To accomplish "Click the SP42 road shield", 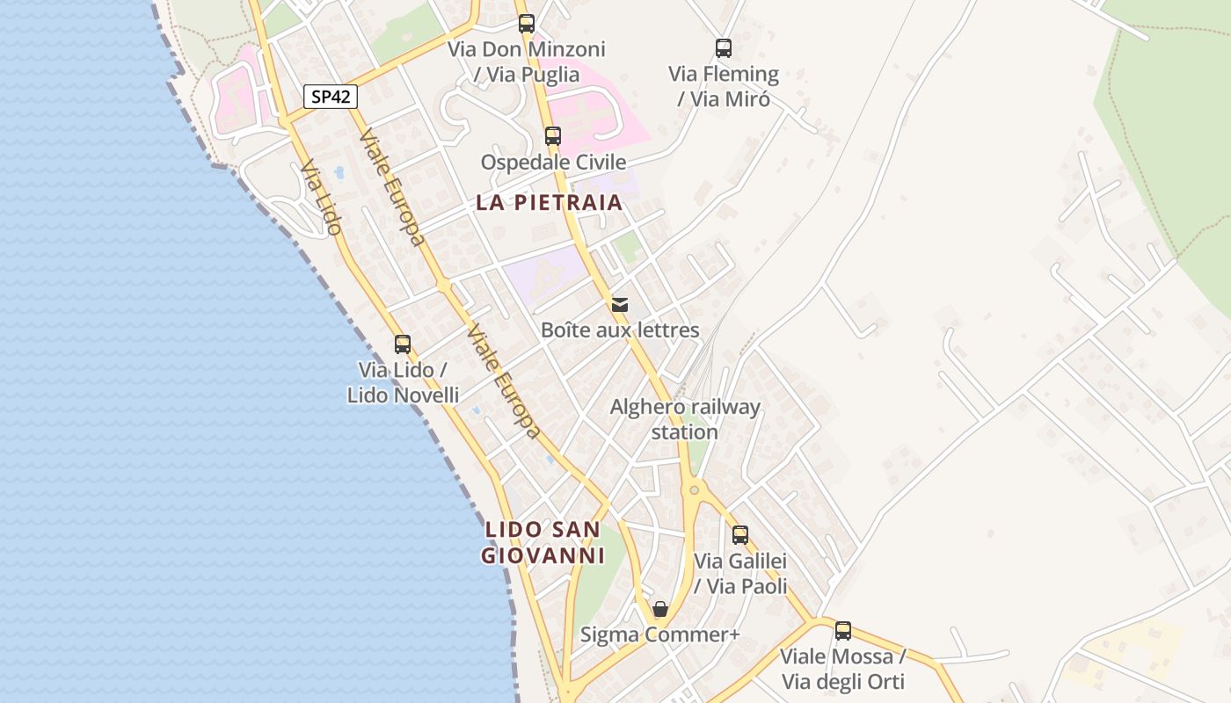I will pyautogui.click(x=331, y=97).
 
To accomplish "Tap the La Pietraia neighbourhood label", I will pyautogui.click(x=549, y=202).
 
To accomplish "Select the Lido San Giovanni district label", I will pyautogui.click(x=543, y=542).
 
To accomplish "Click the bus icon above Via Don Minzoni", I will pyautogui.click(x=527, y=24).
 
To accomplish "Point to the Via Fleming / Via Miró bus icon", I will pyautogui.click(x=724, y=48).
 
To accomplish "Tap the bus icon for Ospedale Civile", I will pyautogui.click(x=553, y=136).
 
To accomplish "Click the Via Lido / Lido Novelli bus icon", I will pyautogui.click(x=403, y=344).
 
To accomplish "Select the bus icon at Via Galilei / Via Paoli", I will pyautogui.click(x=740, y=534).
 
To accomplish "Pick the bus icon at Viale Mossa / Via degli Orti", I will pyautogui.click(x=843, y=630).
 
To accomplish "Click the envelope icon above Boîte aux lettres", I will pyautogui.click(x=620, y=305).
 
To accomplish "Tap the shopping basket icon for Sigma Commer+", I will pyautogui.click(x=660, y=609).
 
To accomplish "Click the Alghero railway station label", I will pyautogui.click(x=685, y=419).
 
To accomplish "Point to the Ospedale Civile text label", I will pyautogui.click(x=553, y=162).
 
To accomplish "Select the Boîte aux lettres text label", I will pyautogui.click(x=620, y=330).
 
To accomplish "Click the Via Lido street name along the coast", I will pyautogui.click(x=320, y=197).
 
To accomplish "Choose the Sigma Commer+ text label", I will pyautogui.click(x=660, y=634).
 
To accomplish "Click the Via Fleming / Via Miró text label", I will pyautogui.click(x=724, y=86).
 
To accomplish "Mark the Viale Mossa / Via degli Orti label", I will pyautogui.click(x=843, y=669).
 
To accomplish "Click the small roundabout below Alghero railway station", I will pyautogui.click(x=694, y=489).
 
